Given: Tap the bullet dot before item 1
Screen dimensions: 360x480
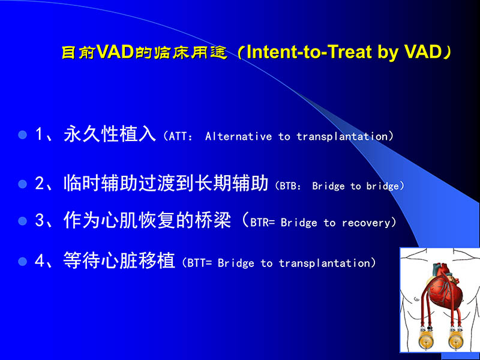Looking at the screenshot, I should click(x=23, y=135).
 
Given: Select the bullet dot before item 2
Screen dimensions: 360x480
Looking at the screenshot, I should click(x=23, y=185).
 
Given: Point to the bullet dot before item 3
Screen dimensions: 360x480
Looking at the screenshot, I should click(x=23, y=221).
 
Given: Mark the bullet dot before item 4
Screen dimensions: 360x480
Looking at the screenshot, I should click(x=23, y=262).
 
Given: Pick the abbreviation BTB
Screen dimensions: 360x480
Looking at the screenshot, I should click(x=291, y=187).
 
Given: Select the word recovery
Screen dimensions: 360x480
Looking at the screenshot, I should click(x=366, y=223).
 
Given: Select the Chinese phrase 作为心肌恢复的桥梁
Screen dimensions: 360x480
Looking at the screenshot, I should click(x=147, y=221).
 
